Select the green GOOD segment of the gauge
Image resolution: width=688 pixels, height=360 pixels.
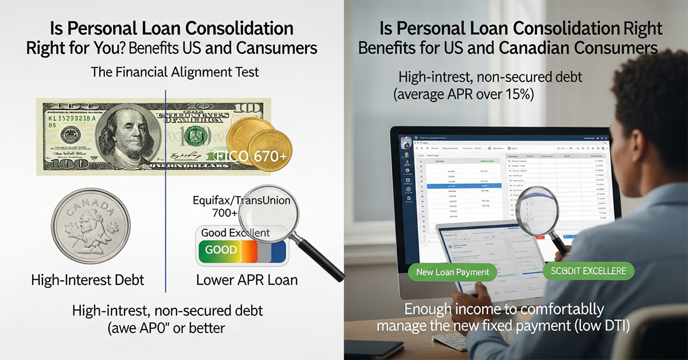point(221,251)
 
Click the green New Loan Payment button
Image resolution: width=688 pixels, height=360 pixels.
point(452,272)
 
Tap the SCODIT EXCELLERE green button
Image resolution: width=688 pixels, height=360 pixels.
point(585,270)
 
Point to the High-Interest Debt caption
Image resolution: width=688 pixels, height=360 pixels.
point(87,280)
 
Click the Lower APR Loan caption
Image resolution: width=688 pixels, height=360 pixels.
point(247,280)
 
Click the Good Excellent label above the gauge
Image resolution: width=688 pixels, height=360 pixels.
point(235,233)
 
